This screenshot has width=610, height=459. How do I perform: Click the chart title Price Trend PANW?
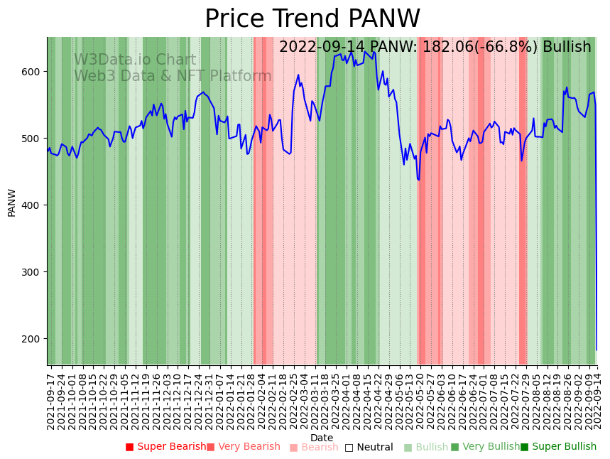pyautogui.click(x=312, y=19)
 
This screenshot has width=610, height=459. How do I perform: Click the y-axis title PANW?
pyautogui.click(x=11, y=202)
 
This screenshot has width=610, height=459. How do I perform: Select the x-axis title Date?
pyautogui.click(x=322, y=438)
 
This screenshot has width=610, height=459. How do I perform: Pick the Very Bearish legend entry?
pyautogui.click(x=244, y=447)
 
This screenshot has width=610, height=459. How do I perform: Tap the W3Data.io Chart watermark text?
pyautogui.click(x=135, y=60)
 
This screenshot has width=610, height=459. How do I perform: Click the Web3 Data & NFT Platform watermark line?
pyautogui.click(x=173, y=76)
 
